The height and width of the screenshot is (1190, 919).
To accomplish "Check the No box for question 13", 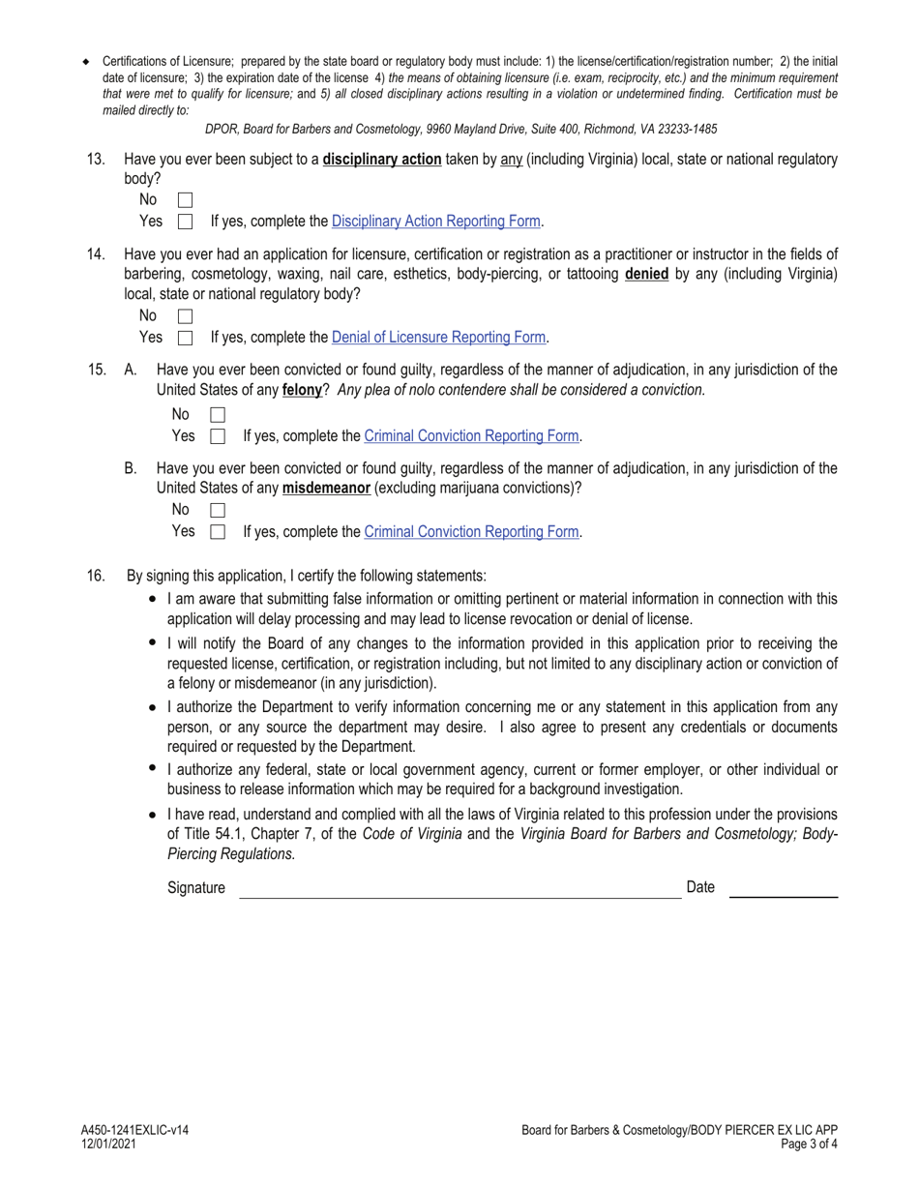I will (186, 200).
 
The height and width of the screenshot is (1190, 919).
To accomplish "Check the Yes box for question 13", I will (186, 222).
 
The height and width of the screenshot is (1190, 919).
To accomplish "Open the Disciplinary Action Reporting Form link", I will (435, 222).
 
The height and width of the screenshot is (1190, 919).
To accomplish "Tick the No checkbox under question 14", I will (186, 316).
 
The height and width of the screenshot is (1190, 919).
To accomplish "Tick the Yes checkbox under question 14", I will (186, 338).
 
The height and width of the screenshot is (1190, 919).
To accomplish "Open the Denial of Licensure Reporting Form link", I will (438, 338).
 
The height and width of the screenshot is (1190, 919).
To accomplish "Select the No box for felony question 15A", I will (218, 415).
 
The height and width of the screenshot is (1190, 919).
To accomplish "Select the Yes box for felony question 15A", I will (218, 436).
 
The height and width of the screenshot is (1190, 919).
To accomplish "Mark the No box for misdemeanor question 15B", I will (218, 510).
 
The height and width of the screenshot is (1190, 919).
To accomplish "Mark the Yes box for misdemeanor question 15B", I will (218, 531).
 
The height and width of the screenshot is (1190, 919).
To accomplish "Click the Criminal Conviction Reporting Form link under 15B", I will (471, 531).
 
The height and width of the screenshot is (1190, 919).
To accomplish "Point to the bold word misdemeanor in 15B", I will (326, 489).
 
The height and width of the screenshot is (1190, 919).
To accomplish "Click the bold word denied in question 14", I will (647, 274).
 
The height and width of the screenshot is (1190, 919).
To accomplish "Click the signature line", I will (459, 890).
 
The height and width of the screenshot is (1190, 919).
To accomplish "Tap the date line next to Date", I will (783, 890).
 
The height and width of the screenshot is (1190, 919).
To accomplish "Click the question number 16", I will (96, 576).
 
